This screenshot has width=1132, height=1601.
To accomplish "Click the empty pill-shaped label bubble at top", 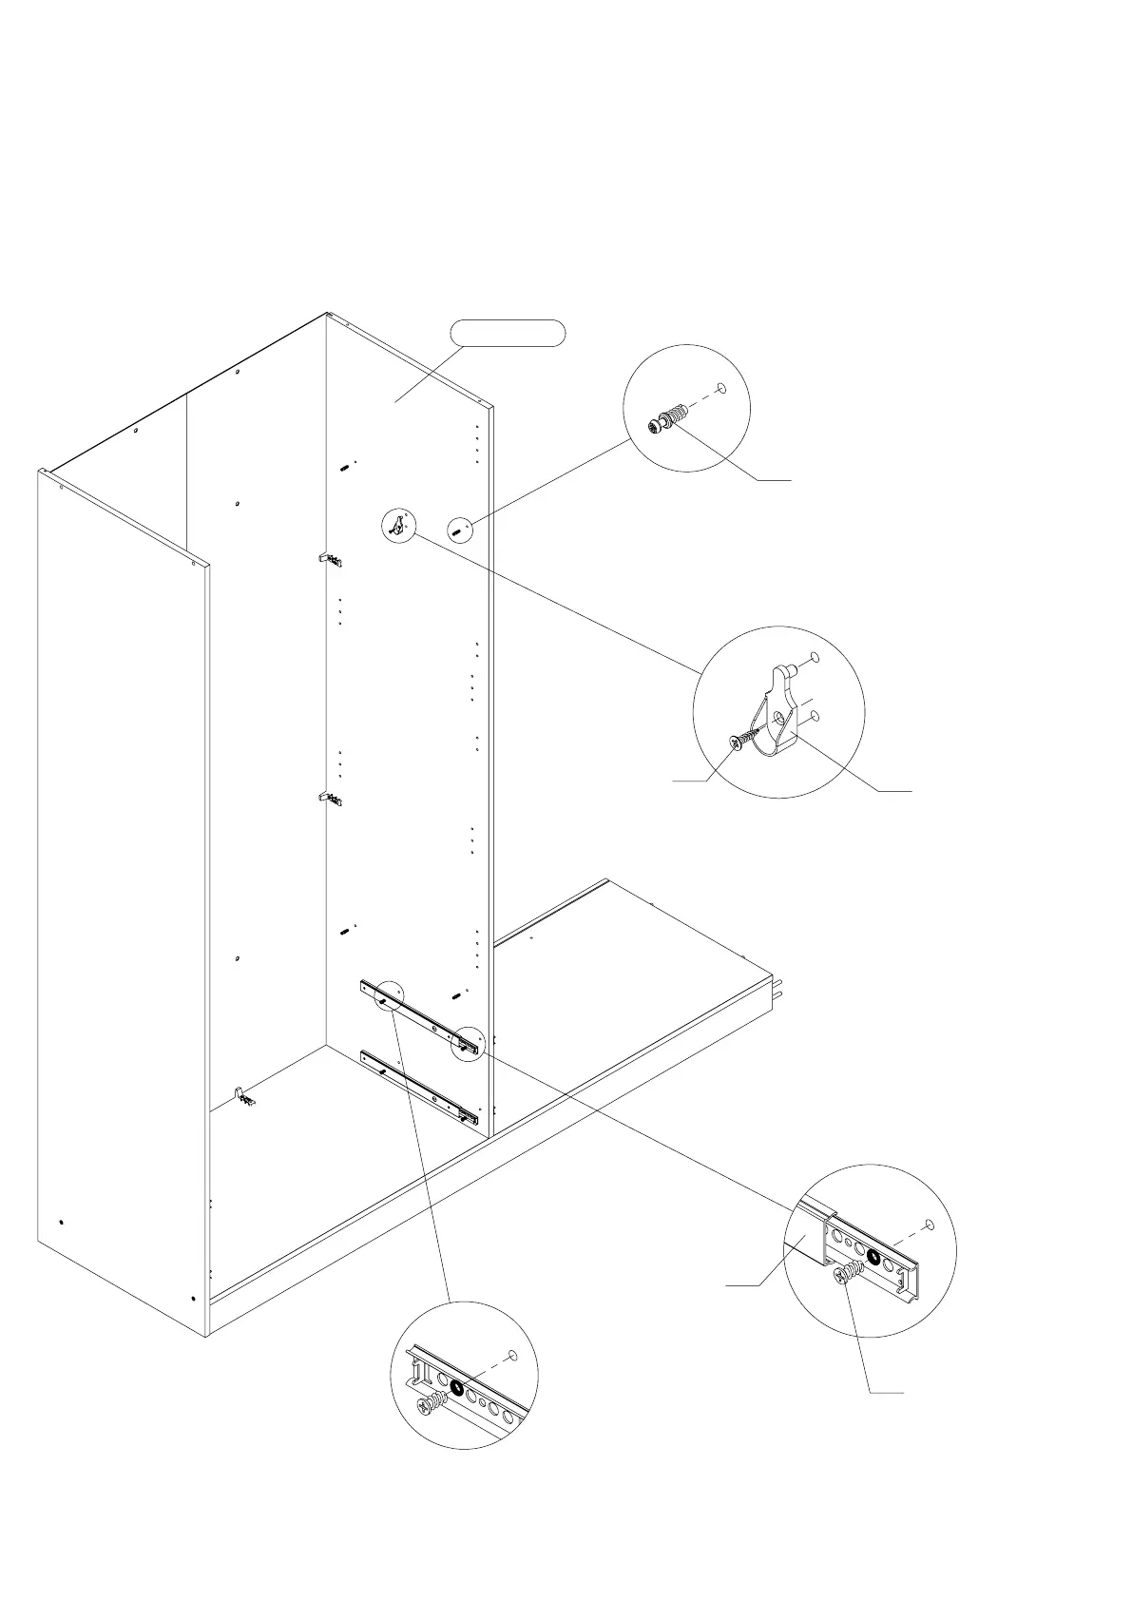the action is click(507, 333).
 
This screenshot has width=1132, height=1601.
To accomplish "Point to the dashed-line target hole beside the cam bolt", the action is click(720, 388).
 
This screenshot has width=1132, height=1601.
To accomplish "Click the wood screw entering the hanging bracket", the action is click(744, 738).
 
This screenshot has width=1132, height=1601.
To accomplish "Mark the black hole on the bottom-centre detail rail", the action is click(457, 1388).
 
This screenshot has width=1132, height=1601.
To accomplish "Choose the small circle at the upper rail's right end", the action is click(468, 1043).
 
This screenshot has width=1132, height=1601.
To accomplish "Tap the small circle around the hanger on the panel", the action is click(398, 523).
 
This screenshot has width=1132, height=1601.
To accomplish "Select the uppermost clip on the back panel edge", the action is click(330, 559).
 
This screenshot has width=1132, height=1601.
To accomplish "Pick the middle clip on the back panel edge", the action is click(330, 799).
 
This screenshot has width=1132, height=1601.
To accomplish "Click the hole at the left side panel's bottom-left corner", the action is click(61, 1222).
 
